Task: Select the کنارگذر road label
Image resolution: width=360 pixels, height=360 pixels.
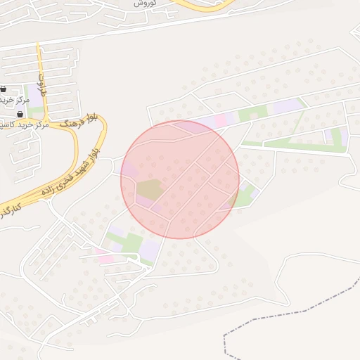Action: tap(10, 210)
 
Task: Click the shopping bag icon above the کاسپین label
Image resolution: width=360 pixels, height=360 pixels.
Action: tap(20, 113)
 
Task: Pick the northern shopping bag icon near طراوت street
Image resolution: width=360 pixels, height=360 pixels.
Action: tap(4, 89)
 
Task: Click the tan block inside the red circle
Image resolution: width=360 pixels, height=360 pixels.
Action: tap(148, 188)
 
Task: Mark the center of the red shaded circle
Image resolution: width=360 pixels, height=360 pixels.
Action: tap(180, 179)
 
